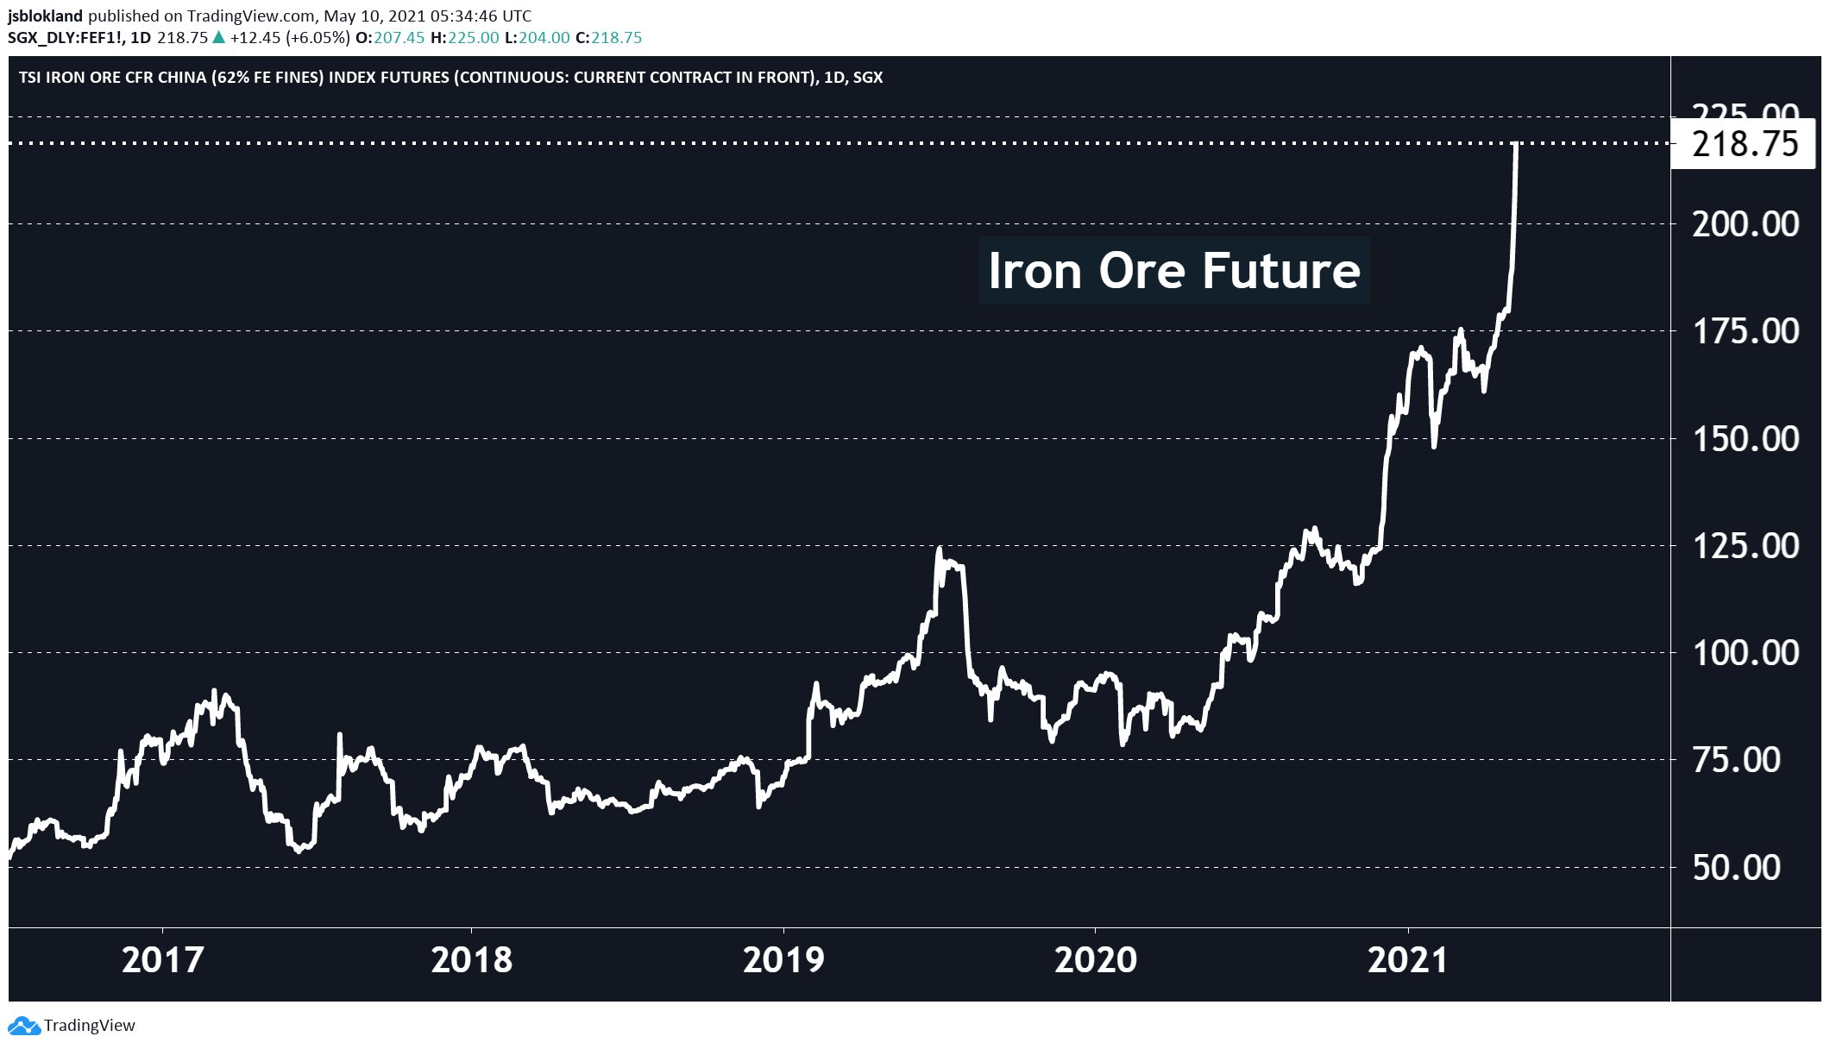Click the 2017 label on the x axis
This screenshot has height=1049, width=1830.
tap(162, 960)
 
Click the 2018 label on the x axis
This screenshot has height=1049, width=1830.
tap(471, 960)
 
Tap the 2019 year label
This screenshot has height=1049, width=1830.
tap(783, 960)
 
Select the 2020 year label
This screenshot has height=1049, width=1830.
tap(1095, 960)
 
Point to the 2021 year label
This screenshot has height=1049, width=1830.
tap(1407, 960)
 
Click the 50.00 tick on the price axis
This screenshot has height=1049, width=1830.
tap(1736, 867)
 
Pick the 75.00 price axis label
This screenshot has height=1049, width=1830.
tap(1736, 760)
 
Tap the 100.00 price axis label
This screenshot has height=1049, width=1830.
tap(1745, 653)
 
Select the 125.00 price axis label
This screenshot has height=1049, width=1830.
tap(1745, 546)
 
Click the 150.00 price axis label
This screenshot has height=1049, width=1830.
tap(1745, 439)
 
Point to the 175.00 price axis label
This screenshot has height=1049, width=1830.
tap(1745, 331)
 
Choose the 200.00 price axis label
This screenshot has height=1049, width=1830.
tap(1745, 224)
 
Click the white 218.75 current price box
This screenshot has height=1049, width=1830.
tap(1745, 144)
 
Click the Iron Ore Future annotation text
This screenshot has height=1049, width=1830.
tap(1173, 271)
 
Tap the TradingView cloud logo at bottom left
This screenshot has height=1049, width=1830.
tap(23, 1026)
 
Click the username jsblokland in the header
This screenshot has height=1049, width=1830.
tap(46, 16)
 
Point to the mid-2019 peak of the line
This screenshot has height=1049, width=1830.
tap(939, 550)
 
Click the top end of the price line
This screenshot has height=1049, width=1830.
tap(1516, 145)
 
